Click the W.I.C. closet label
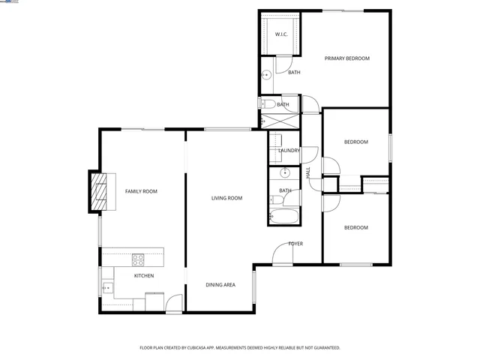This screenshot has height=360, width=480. [281, 34]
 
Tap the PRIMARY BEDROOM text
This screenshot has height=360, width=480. [346, 58]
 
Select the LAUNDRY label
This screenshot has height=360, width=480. [289, 151]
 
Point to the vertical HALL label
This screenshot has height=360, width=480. [308, 172]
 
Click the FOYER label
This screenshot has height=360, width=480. [295, 244]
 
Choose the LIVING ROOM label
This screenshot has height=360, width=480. [226, 198]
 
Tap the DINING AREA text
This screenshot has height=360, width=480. [221, 285]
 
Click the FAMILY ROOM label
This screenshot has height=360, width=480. [141, 192]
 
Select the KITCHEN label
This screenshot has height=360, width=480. [144, 276]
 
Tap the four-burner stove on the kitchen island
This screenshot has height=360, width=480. [139, 259]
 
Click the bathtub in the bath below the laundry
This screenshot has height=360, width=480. [283, 219]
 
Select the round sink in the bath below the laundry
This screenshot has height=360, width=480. [284, 173]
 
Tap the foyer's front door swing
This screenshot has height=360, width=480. [283, 255]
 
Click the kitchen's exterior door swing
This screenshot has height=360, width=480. [174, 304]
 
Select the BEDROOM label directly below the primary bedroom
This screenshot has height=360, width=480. [355, 142]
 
